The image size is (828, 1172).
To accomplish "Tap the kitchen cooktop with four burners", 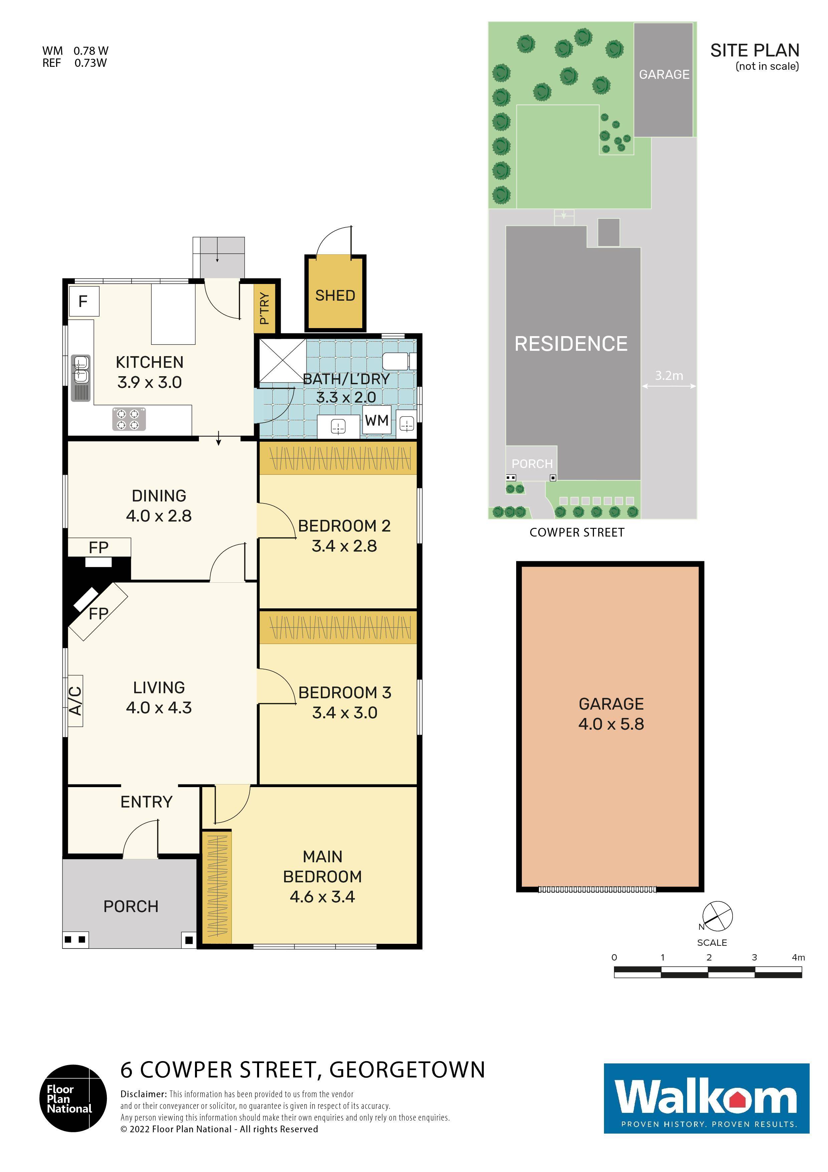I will (129, 419).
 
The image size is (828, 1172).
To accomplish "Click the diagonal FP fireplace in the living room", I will (97, 612).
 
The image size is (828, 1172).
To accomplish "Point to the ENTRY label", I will (147, 802).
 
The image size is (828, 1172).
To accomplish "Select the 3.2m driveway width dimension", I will (668, 376).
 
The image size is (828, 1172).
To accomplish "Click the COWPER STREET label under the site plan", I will (577, 533).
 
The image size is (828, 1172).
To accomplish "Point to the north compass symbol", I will (717, 916).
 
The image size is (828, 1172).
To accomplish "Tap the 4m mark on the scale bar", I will (798, 958).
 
